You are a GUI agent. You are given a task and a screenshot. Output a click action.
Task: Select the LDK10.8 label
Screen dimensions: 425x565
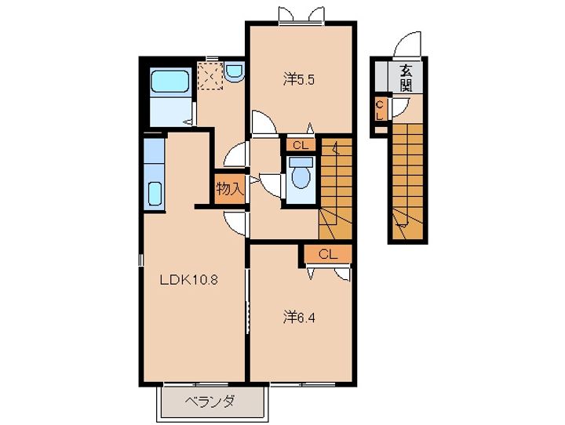tap(189, 278)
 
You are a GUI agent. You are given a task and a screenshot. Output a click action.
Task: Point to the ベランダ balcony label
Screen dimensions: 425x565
tap(210, 404)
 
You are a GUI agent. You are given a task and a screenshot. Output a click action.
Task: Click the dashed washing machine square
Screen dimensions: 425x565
tap(208, 77)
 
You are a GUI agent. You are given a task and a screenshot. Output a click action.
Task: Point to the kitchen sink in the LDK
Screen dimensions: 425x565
tap(155, 191)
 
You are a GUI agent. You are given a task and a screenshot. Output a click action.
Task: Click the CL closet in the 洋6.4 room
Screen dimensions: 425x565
tap(327, 254)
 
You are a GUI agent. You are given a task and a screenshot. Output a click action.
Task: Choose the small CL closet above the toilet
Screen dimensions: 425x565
tap(300, 144)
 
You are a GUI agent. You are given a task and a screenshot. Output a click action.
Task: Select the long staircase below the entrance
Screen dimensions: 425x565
tap(409, 176)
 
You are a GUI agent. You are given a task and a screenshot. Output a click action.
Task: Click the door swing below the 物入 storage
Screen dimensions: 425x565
tap(235, 222)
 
